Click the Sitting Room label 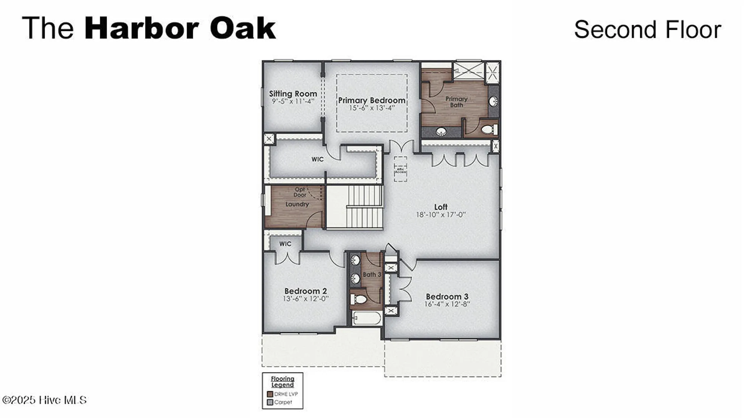(293, 94)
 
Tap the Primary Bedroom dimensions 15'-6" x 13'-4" (371, 108)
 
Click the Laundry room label (297, 204)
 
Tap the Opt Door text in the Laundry (300, 192)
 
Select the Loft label (441, 207)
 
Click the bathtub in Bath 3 (367, 318)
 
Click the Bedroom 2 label (305, 291)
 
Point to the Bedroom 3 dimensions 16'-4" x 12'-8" (447, 304)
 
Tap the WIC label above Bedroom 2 (285, 244)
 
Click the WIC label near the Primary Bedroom (317, 159)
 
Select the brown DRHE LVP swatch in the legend (270, 394)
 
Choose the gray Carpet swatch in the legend (270, 402)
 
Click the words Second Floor (647, 30)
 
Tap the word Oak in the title (243, 28)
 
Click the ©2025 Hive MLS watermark (44, 400)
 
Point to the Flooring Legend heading (282, 382)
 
